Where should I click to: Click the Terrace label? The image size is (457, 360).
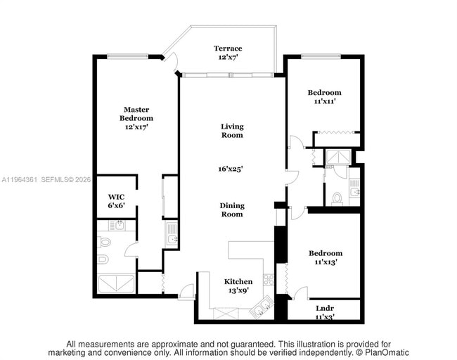228,53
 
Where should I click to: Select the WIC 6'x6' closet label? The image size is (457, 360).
116,200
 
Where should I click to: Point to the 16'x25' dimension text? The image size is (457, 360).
231,169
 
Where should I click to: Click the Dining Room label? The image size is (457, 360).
232,210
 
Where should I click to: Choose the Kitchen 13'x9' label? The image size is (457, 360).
238,285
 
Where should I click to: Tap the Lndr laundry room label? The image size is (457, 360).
325,312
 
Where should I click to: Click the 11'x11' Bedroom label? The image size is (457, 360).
324,96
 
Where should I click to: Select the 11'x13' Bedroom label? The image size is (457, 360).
325,257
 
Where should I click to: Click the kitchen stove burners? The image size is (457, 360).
268,279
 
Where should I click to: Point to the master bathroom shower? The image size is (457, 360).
115,283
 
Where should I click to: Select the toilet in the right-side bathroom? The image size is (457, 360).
337,198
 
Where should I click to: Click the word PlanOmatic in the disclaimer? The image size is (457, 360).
385,352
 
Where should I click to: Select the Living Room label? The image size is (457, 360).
231,131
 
